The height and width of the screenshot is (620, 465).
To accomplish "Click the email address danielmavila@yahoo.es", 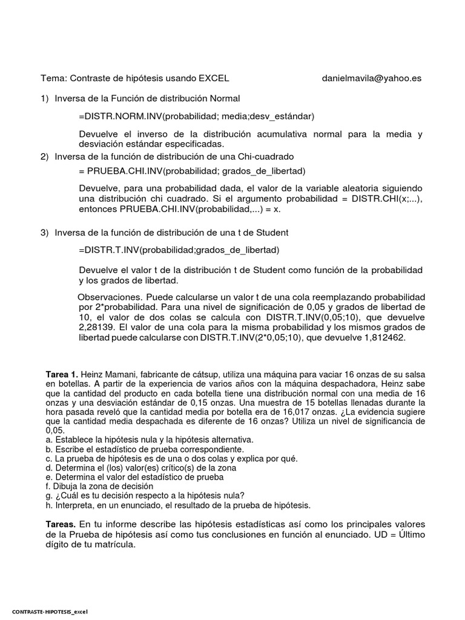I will [372, 78].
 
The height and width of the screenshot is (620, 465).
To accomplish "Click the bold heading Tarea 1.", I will [62, 375].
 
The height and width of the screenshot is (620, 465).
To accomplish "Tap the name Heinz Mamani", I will [108, 375].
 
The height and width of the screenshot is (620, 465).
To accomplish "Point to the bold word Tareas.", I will [61, 524].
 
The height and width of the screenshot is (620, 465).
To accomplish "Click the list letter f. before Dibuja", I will [48, 486].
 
